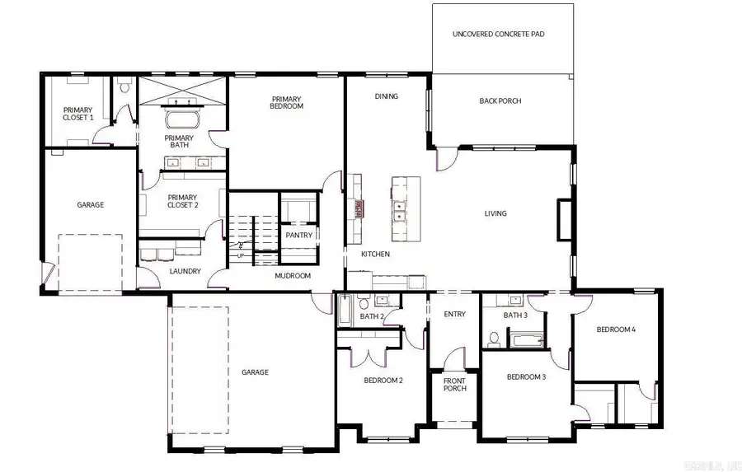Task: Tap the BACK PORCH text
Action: (500, 101)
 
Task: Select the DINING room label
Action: (386, 96)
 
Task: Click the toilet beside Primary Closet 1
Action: (125, 85)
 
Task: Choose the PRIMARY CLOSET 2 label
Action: (181, 202)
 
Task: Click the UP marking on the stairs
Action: (241, 255)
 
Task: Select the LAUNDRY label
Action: (185, 271)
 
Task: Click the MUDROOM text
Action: (293, 276)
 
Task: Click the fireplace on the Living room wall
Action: (564, 220)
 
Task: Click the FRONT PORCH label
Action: (454, 385)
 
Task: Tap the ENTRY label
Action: (454, 314)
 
